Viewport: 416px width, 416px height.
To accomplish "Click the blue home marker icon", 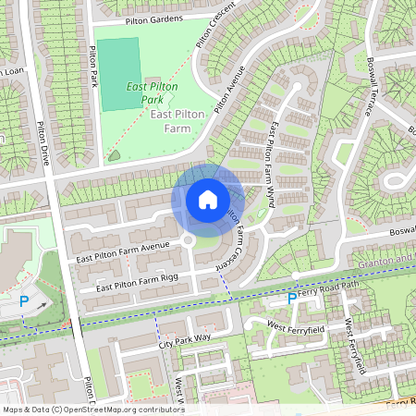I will (208, 200).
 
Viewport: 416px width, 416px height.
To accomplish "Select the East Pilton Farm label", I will (176, 120).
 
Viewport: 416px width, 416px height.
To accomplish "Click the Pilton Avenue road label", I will (228, 91).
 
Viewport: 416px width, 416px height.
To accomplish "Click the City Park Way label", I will (185, 342).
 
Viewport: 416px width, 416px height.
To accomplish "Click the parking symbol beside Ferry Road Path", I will (292, 299).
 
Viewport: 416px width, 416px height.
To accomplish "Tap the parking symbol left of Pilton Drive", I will (25, 301).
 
